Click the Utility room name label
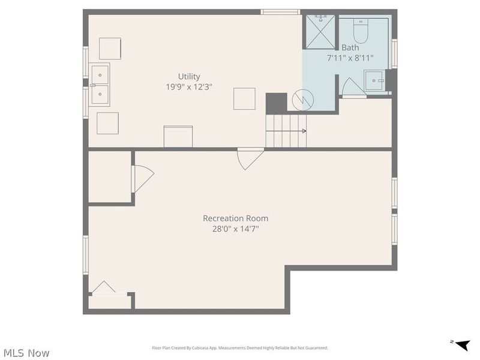(x=188, y=76)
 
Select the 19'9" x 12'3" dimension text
(x=188, y=86)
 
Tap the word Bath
(x=350, y=47)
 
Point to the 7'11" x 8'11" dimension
(x=350, y=58)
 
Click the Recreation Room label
(x=235, y=218)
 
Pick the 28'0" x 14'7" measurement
(x=235, y=229)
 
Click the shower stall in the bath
(x=321, y=32)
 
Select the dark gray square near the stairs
(x=277, y=102)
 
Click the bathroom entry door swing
(x=352, y=88)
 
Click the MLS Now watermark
(x=25, y=353)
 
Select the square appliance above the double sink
(x=110, y=48)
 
